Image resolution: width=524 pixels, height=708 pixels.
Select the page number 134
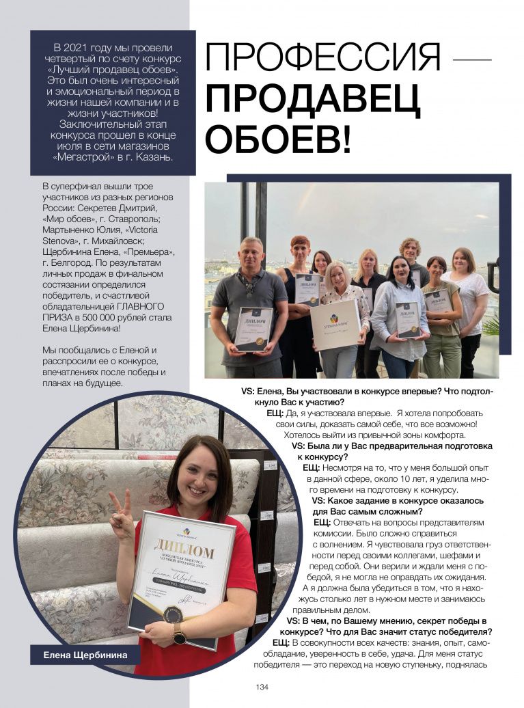[262, 687]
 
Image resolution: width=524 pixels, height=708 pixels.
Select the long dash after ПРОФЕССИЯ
[472, 59]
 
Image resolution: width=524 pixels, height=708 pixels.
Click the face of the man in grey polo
[251, 254]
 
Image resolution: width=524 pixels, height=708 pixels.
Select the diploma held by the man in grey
[253, 328]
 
